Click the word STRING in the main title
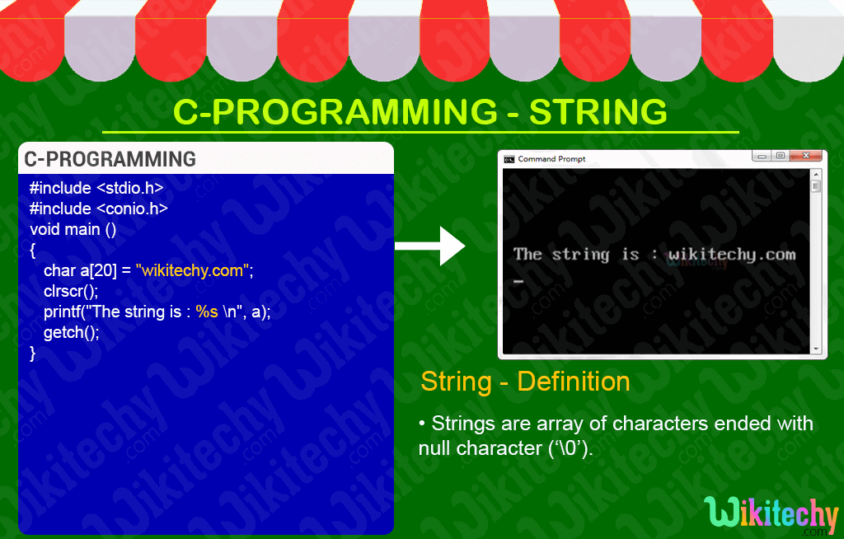(598, 112)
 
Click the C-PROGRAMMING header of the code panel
(110, 159)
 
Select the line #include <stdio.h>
(96, 188)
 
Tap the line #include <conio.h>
(98, 209)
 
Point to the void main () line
(73, 229)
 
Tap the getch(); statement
(71, 332)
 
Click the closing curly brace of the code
(33, 353)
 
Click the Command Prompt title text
(551, 159)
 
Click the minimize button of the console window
(762, 156)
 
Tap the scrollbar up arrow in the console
(816, 175)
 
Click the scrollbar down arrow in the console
(816, 349)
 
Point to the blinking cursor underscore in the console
(518, 282)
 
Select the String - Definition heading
(525, 382)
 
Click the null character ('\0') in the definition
(565, 449)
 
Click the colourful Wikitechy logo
(771, 513)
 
